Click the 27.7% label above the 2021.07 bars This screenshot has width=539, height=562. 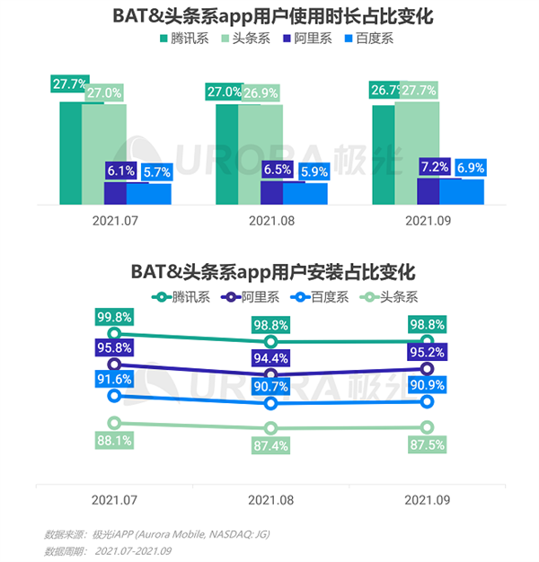(70, 84)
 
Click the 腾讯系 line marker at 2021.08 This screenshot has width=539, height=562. (270, 342)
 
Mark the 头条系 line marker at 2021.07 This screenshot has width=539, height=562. (114, 423)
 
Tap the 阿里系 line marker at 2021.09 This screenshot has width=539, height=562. (428, 369)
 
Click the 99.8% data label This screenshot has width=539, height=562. (115, 317)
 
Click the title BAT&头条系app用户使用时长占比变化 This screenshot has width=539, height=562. (269, 15)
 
